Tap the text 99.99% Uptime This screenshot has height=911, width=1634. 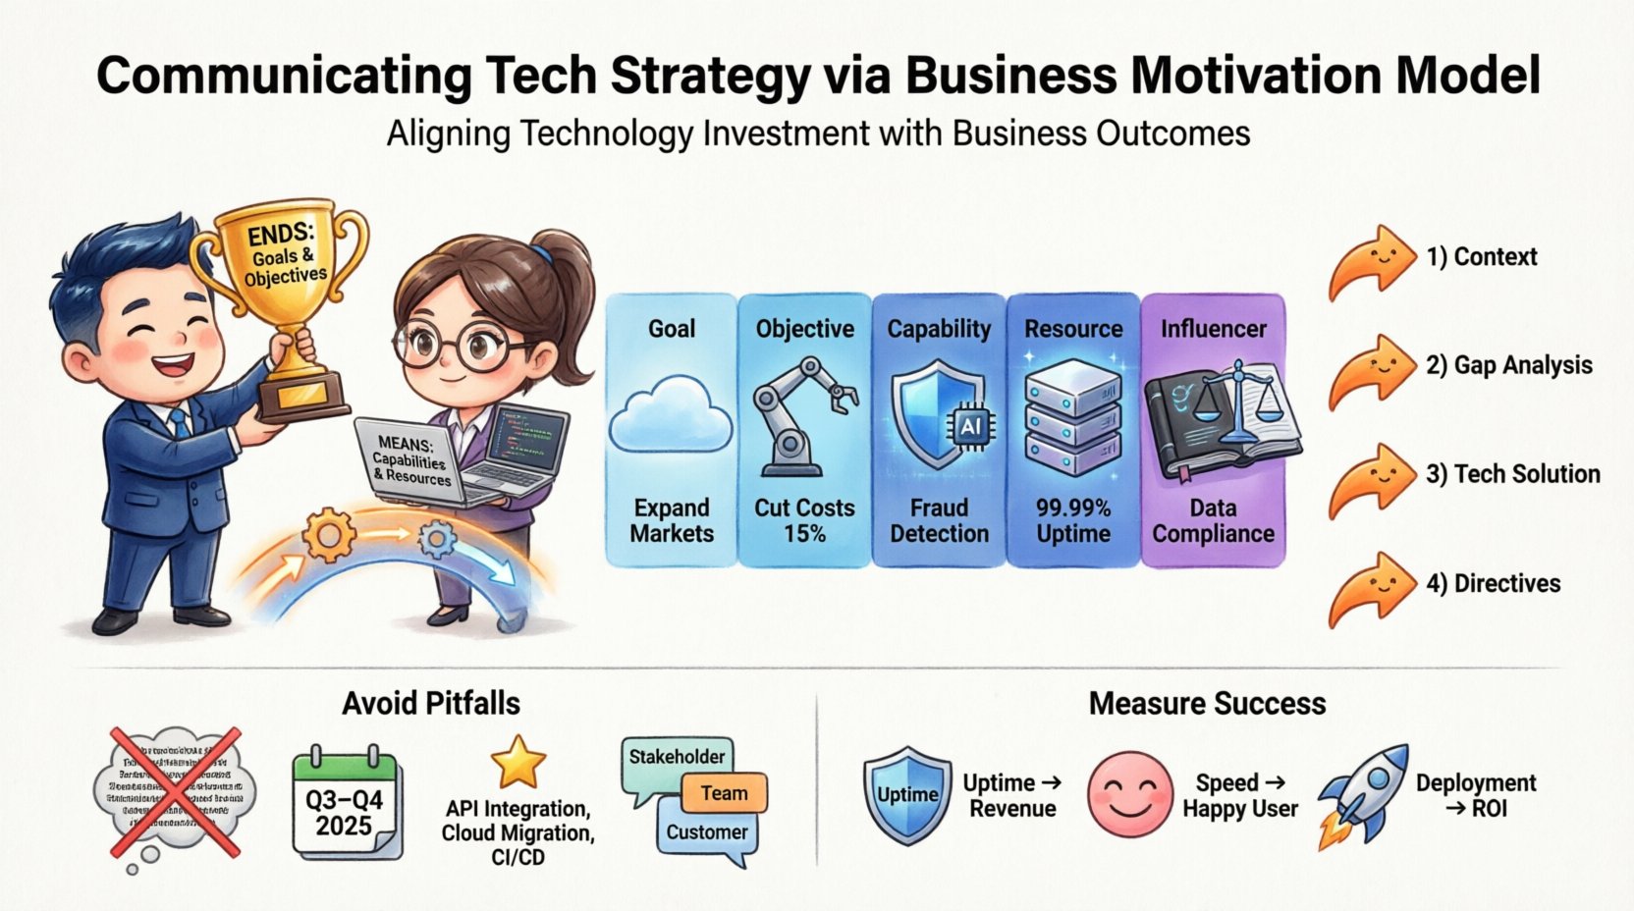(1072, 521)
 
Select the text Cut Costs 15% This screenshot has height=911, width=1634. (804, 521)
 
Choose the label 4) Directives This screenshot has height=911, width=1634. (1493, 584)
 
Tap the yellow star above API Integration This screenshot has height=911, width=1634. (518, 762)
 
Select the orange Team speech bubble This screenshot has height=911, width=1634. (724, 793)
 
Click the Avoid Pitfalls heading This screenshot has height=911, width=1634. (430, 704)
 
